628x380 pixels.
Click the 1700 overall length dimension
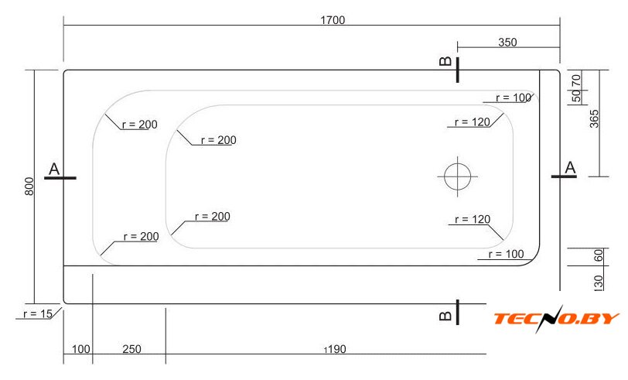[x=333, y=20]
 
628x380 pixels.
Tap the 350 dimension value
[x=507, y=42]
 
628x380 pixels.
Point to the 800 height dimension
[x=29, y=187]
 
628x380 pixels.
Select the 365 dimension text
[x=594, y=118]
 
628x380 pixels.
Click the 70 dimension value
[x=576, y=80]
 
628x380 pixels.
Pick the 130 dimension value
[x=599, y=282]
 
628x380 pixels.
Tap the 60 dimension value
[x=599, y=255]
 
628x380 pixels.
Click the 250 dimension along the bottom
[x=131, y=349]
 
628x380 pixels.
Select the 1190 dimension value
[x=335, y=349]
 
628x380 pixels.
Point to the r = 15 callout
[x=38, y=314]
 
